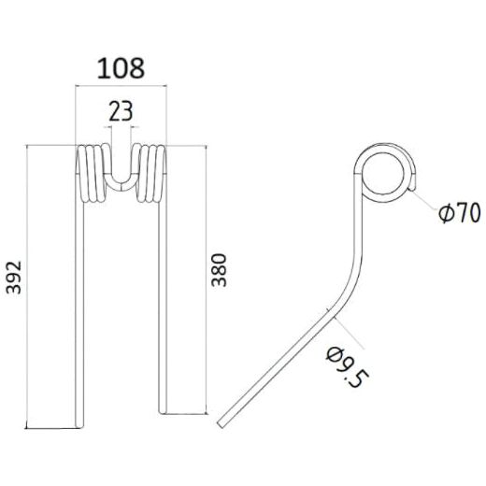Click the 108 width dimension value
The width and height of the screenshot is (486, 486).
click(121, 68)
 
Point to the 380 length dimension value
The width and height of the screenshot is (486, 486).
click(220, 271)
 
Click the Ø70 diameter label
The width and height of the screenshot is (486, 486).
click(457, 214)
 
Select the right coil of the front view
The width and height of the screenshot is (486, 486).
click(150, 173)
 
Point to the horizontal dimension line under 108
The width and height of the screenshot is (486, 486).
click(121, 87)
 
